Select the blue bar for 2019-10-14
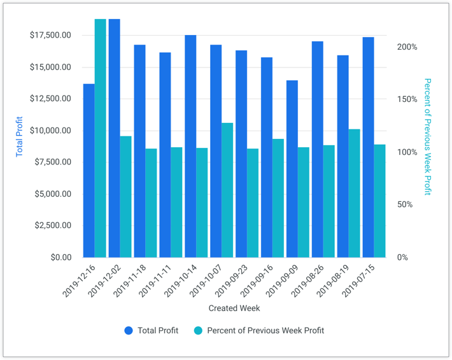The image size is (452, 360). (190, 146)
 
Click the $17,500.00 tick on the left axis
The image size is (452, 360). (50, 35)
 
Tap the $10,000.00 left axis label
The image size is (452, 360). (50, 131)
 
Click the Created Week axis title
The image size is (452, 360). (234, 308)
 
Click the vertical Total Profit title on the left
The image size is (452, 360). (19, 136)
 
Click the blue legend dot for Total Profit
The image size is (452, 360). (129, 331)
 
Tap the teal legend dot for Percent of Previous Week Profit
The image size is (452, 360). (198, 331)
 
